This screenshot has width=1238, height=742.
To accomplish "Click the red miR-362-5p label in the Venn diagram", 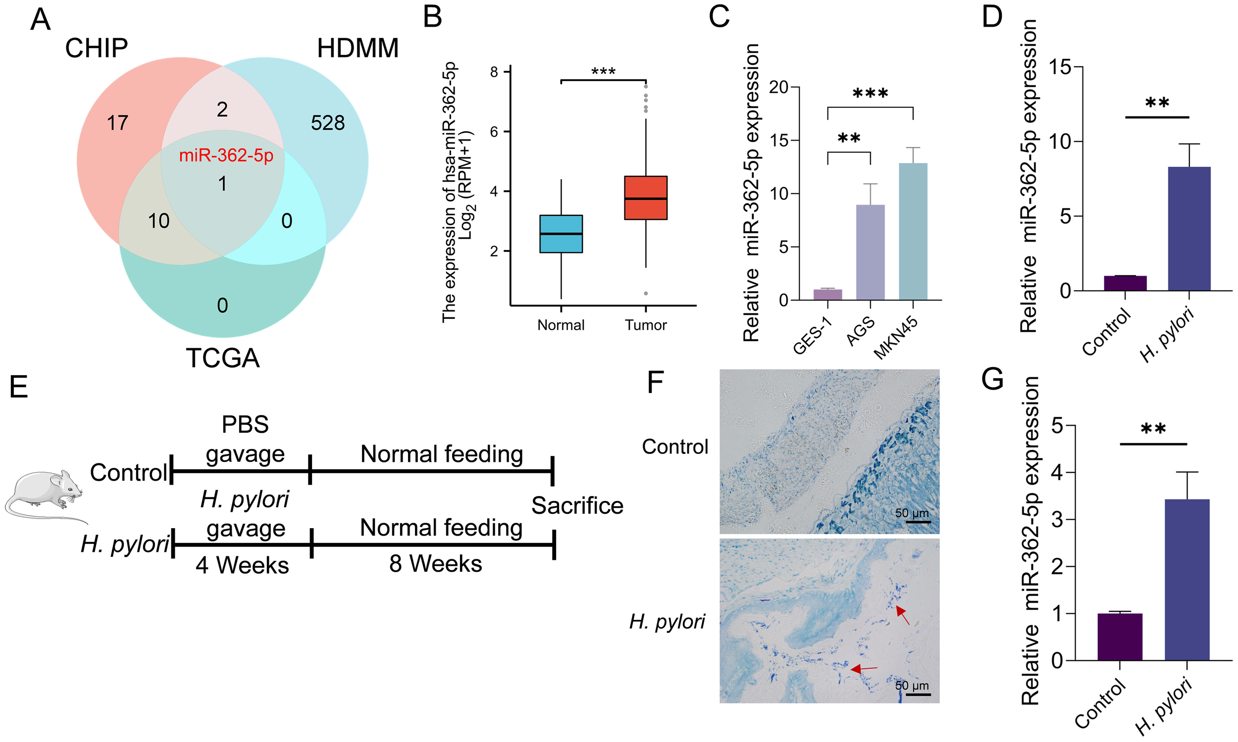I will pyautogui.click(x=226, y=155).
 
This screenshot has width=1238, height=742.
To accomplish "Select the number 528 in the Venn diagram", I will pyautogui.click(x=328, y=123).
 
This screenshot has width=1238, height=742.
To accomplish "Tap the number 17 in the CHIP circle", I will pyautogui.click(x=117, y=123).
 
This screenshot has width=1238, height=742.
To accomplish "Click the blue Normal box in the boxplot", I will pyautogui.click(x=561, y=234).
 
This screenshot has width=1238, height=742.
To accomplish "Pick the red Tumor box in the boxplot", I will pyautogui.click(x=645, y=198).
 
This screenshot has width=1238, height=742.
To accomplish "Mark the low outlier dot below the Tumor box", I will pyautogui.click(x=646, y=294).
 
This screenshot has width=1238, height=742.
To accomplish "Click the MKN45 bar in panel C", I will pyautogui.click(x=913, y=232).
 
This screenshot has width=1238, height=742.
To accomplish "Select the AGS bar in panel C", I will pyautogui.click(x=871, y=252).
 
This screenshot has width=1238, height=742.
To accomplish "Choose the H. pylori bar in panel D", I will pyautogui.click(x=1189, y=229).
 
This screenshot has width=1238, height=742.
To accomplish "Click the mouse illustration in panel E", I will pyautogui.click(x=45, y=496).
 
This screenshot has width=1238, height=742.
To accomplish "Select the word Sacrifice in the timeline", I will pyautogui.click(x=577, y=505).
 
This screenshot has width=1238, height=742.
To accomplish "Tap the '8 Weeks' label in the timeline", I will pyautogui.click(x=436, y=564).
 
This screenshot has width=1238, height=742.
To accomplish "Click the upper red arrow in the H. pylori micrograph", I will pyautogui.click(x=902, y=615).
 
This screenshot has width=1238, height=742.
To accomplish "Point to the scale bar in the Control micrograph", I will pyautogui.click(x=918, y=522).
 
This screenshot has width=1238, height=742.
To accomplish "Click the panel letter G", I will pyautogui.click(x=992, y=379).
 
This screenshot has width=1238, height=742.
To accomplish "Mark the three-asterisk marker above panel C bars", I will pyautogui.click(x=871, y=94).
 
